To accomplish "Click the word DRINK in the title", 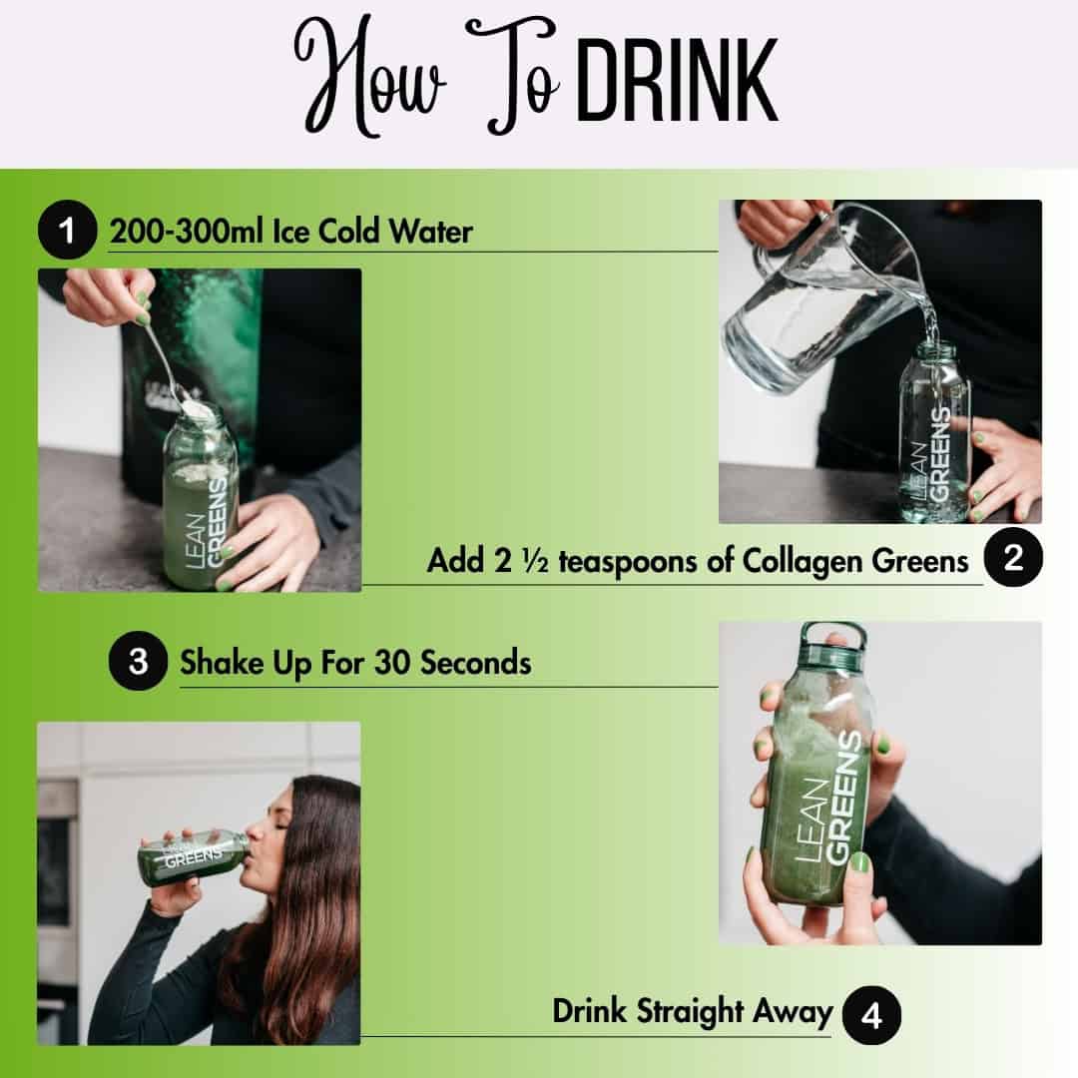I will click(x=677, y=82).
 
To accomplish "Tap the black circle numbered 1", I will click(x=67, y=232).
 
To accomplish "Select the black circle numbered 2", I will click(x=1013, y=559).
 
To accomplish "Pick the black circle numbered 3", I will click(x=138, y=662).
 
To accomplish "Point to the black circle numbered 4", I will click(x=871, y=1017).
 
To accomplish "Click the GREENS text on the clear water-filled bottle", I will click(x=939, y=445).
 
